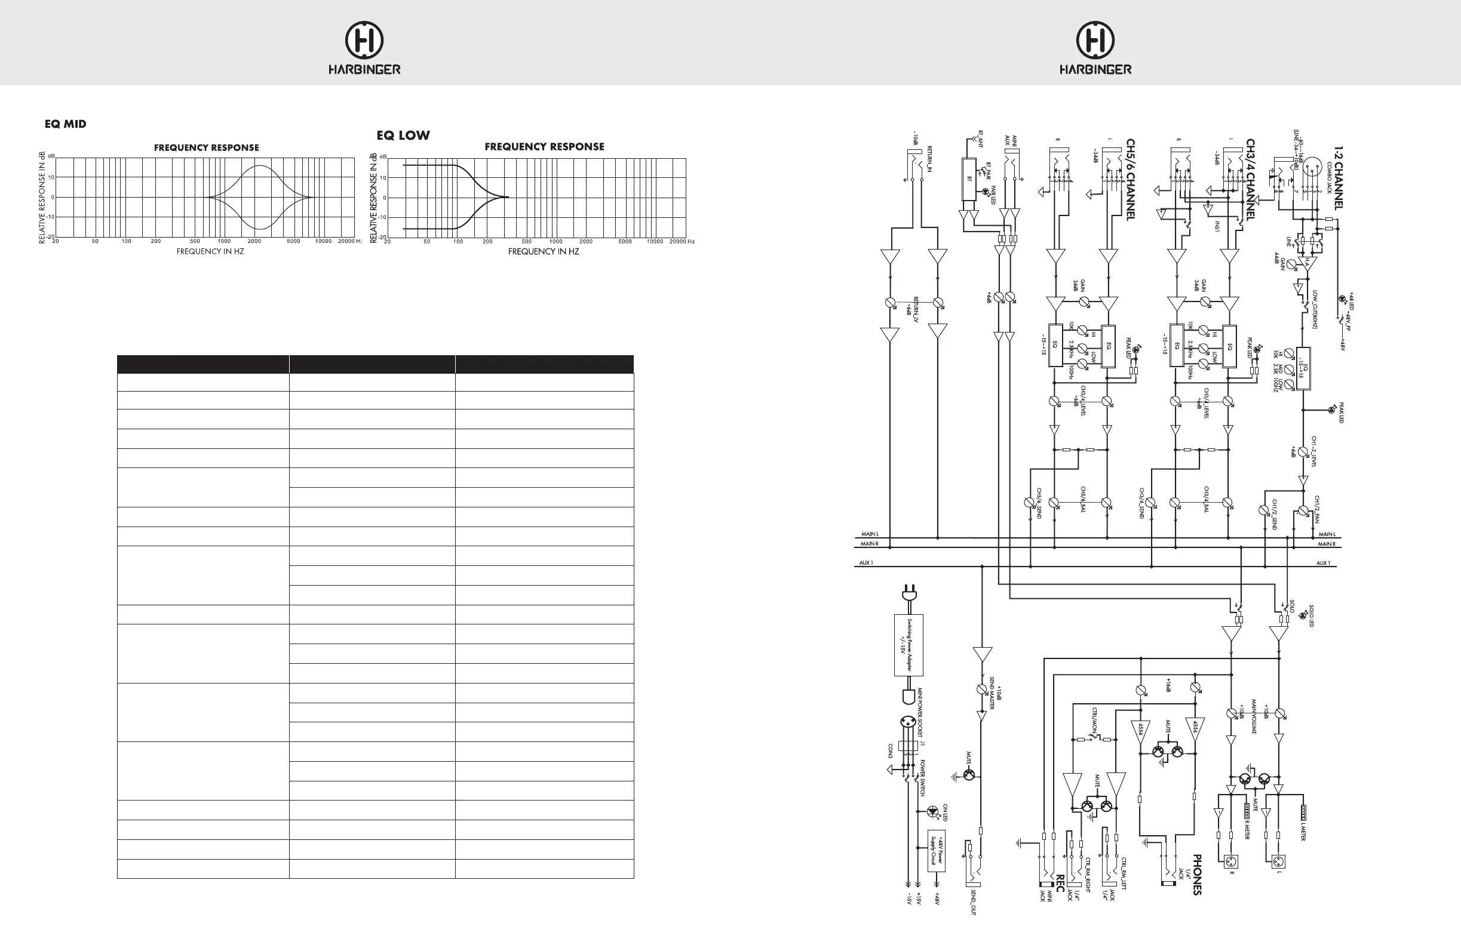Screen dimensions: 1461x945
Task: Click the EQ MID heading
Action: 65,124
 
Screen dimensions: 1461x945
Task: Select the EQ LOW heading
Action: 403,135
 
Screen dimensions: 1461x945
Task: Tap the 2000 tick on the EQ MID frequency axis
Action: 254,241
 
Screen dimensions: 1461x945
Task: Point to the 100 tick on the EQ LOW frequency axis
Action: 458,242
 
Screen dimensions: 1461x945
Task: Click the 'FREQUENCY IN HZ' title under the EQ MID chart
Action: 210,251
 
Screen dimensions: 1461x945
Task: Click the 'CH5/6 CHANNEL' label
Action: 1130,178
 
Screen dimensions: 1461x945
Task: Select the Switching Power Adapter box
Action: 908,645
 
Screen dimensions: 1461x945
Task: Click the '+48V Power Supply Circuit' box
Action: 936,850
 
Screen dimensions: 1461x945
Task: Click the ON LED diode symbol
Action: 933,811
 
